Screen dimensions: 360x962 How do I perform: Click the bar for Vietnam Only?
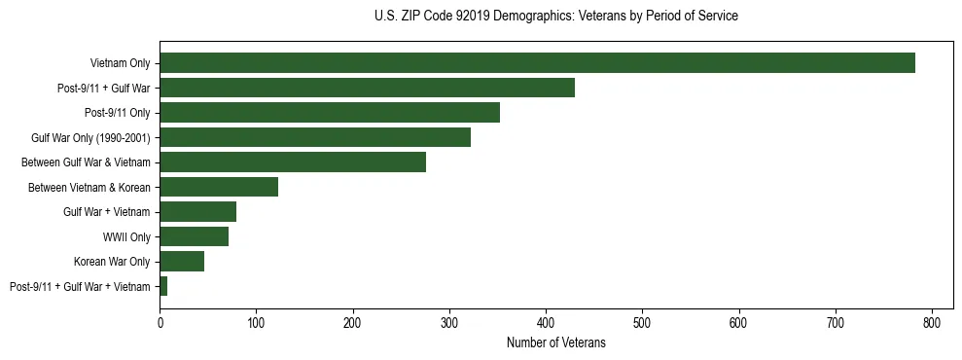pyautogui.click(x=537, y=63)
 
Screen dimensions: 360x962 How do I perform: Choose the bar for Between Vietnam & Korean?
pyautogui.click(x=219, y=187)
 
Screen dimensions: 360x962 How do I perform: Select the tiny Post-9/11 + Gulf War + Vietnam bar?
pyautogui.click(x=163, y=286)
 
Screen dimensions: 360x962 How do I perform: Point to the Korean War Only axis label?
pyautogui.click(x=112, y=262)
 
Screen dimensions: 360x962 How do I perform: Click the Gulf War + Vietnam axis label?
pyautogui.click(x=107, y=212)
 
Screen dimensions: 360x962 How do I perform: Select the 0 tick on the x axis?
pyautogui.click(x=160, y=323)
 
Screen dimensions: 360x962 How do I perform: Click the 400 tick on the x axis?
pyautogui.click(x=546, y=323)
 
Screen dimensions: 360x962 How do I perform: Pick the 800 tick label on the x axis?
pyautogui.click(x=932, y=323)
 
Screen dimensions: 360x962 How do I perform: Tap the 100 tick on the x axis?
pyautogui.click(x=256, y=323)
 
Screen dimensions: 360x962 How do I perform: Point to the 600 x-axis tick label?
pyautogui.click(x=739, y=323)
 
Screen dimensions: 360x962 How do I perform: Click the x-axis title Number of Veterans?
pyautogui.click(x=555, y=343)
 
